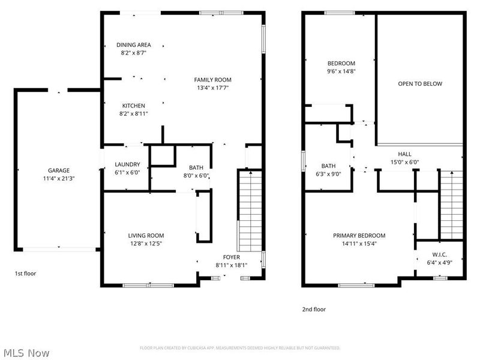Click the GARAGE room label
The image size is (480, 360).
(x=59, y=170)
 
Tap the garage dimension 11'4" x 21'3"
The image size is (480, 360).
(x=59, y=178)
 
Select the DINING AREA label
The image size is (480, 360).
(x=133, y=44)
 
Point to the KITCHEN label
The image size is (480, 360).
(x=133, y=105)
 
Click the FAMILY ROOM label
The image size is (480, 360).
(x=212, y=79)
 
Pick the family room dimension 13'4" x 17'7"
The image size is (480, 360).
(x=212, y=88)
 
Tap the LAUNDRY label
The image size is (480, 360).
(x=127, y=164)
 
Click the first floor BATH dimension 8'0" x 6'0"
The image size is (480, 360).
(x=196, y=176)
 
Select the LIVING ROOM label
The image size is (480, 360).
(x=146, y=235)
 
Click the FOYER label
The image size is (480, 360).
(x=231, y=256)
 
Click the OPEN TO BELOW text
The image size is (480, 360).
(x=420, y=83)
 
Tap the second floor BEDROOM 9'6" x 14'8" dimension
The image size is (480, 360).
(x=341, y=71)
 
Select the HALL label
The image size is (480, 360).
(x=405, y=154)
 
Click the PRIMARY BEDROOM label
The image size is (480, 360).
(x=359, y=235)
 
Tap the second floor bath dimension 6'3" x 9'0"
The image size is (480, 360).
(x=328, y=174)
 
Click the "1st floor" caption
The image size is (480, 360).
(x=25, y=274)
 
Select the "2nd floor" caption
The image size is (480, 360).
(x=314, y=310)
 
